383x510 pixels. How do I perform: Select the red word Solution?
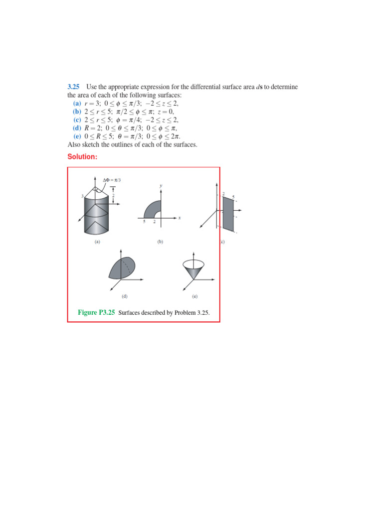tap(82, 157)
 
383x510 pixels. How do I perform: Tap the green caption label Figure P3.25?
tap(97, 312)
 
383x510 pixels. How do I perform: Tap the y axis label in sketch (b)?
tap(161, 185)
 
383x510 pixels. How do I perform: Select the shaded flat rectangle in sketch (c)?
tap(229, 213)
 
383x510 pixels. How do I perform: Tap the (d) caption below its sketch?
tap(125, 296)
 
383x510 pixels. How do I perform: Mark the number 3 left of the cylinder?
tap(82, 196)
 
